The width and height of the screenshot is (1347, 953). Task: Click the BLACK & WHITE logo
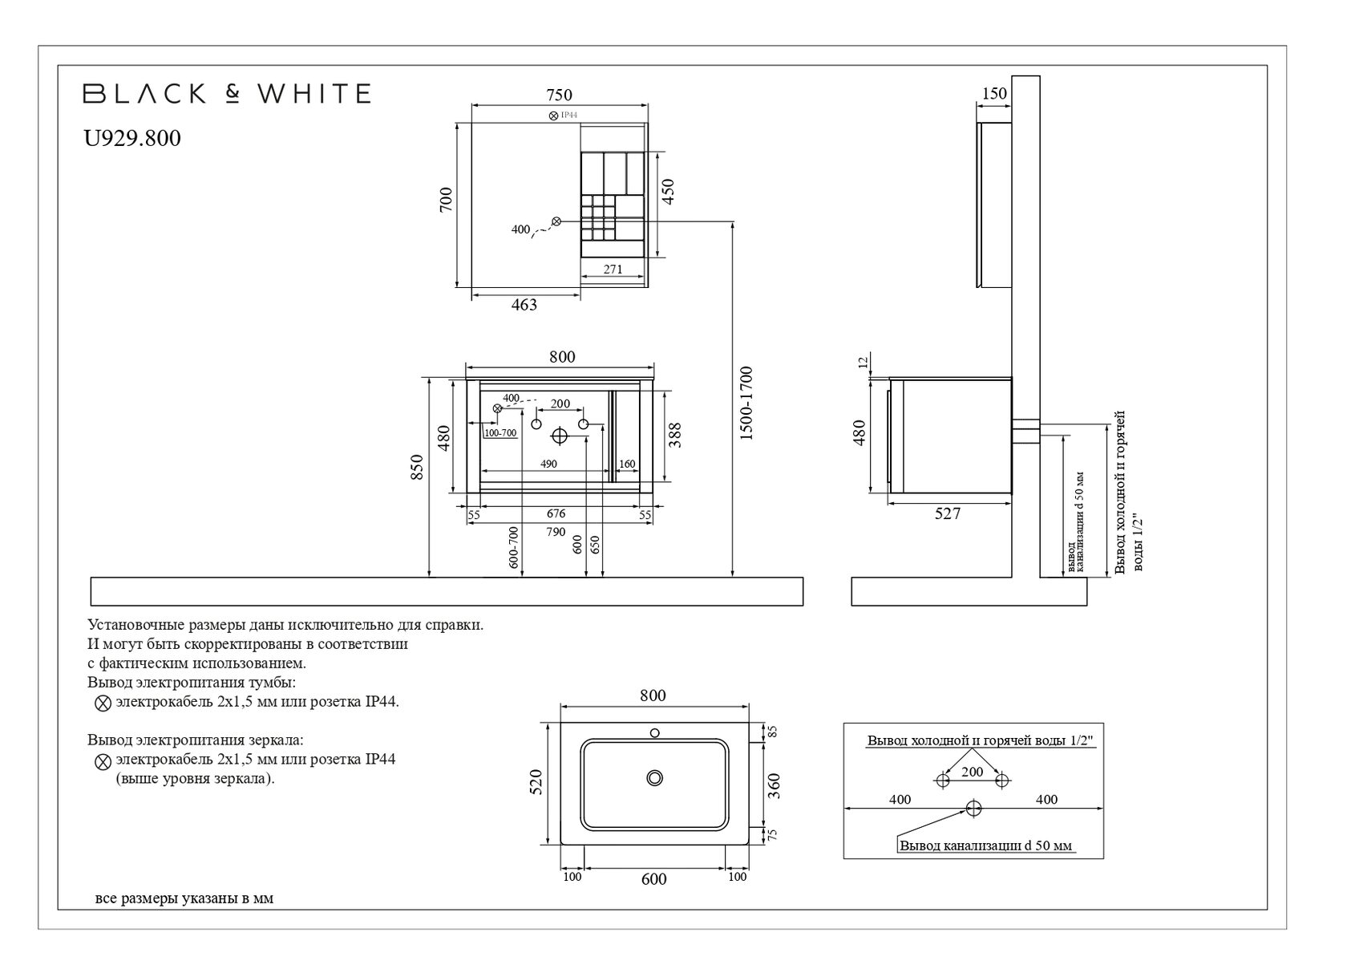[x=227, y=94]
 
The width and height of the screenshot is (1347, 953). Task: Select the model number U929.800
[x=132, y=139]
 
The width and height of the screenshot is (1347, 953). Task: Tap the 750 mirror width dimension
[x=559, y=95]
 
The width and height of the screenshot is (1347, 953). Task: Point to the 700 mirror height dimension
[x=447, y=199]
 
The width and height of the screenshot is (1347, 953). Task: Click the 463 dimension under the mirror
[x=524, y=305]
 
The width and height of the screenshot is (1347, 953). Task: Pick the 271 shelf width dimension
[x=613, y=270]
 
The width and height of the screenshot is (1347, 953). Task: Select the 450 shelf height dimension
[x=669, y=191]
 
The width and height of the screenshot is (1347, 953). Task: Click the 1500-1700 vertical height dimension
[x=746, y=404]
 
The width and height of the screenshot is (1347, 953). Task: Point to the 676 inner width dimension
[x=556, y=514]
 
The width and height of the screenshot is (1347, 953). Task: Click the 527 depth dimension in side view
[x=947, y=514]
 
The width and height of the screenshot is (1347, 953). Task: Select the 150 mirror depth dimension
[x=993, y=94]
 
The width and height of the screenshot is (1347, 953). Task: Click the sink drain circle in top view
[x=656, y=777]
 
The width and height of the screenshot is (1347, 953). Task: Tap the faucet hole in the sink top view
[x=655, y=732]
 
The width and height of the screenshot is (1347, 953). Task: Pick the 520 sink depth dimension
[x=536, y=782]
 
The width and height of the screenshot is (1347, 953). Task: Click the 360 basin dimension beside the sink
[x=775, y=785]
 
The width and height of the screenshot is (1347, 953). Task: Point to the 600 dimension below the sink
[x=653, y=879]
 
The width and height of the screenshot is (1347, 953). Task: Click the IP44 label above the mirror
[x=568, y=116]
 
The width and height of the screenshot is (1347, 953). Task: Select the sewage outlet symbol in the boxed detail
[x=973, y=808]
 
